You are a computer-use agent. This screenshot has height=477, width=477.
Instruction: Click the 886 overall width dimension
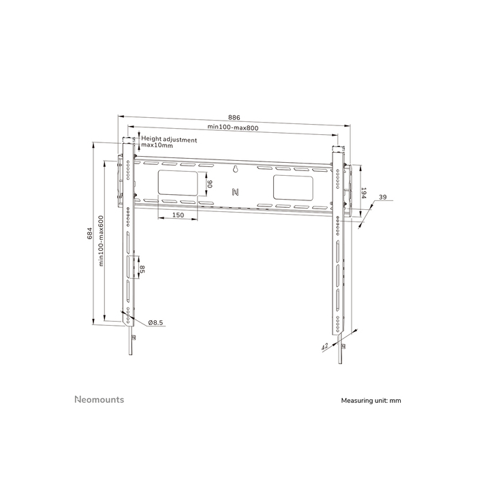234,118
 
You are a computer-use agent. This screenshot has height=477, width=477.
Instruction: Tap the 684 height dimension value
90,234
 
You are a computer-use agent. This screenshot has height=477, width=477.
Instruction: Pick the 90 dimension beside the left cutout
211,183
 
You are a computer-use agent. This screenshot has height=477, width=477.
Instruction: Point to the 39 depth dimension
382,197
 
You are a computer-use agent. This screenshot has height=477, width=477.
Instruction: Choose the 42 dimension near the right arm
325,346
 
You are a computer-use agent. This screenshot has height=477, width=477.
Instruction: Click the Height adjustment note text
169,142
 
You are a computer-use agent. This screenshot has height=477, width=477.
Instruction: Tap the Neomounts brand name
99,399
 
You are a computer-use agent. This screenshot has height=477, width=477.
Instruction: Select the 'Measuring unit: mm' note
371,401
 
